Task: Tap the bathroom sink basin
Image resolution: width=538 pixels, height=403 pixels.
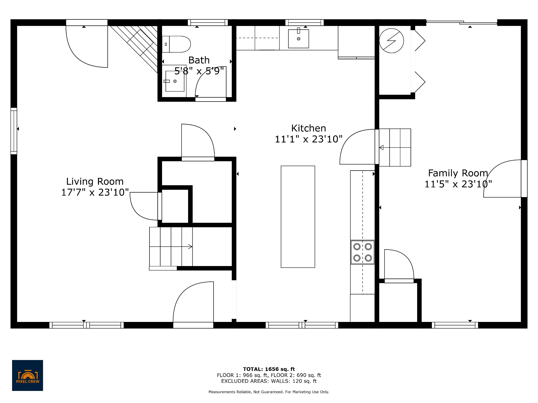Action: point(175,81)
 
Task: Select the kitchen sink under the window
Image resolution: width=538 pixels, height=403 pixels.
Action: point(298,39)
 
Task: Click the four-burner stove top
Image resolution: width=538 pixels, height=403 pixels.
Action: point(363,252)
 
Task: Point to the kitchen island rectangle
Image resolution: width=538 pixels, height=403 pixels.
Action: point(298,217)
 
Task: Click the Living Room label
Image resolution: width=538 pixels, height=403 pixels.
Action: point(95,182)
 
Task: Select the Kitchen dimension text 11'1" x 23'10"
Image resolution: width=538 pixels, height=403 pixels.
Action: point(309,139)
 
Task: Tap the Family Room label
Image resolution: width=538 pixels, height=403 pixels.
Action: point(458,173)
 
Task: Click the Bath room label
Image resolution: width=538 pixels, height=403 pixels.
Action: point(199,60)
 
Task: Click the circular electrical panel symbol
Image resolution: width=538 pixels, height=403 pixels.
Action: point(391,41)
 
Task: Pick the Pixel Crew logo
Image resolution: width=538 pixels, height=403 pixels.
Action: point(28,375)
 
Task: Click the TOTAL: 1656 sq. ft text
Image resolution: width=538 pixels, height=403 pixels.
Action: point(269,369)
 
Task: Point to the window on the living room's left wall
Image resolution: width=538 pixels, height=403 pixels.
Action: point(14,131)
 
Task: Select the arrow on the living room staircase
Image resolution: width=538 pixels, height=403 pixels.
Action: point(190,247)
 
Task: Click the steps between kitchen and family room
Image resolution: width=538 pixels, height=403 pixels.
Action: point(395,147)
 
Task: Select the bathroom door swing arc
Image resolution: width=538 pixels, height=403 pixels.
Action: point(210,81)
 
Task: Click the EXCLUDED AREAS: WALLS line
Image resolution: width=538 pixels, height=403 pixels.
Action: point(269,381)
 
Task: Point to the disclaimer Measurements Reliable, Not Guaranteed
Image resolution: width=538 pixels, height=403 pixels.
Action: point(269,392)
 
